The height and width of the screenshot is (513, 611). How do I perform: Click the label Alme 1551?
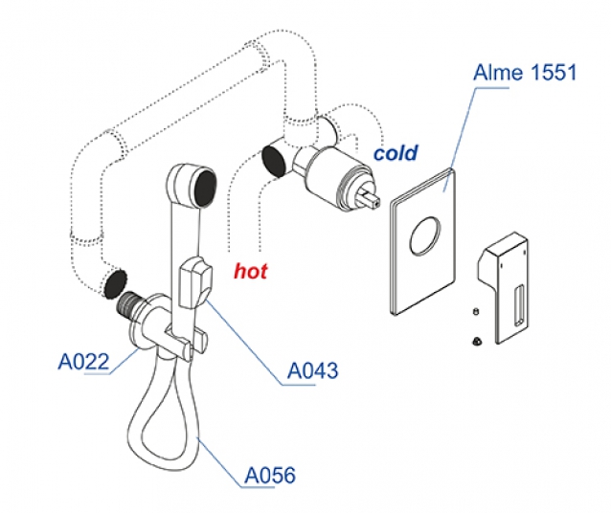pos(523,73)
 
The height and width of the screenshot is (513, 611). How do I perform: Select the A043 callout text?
pos(312,370)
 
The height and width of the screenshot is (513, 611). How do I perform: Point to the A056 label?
pos(270,475)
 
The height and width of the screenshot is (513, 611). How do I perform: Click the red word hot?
pos(251,271)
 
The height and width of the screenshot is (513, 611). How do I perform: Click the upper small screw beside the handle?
pos(476,312)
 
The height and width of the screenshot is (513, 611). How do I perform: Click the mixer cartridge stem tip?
pos(375,199)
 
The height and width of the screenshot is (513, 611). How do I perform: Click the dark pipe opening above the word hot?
pos(274,161)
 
